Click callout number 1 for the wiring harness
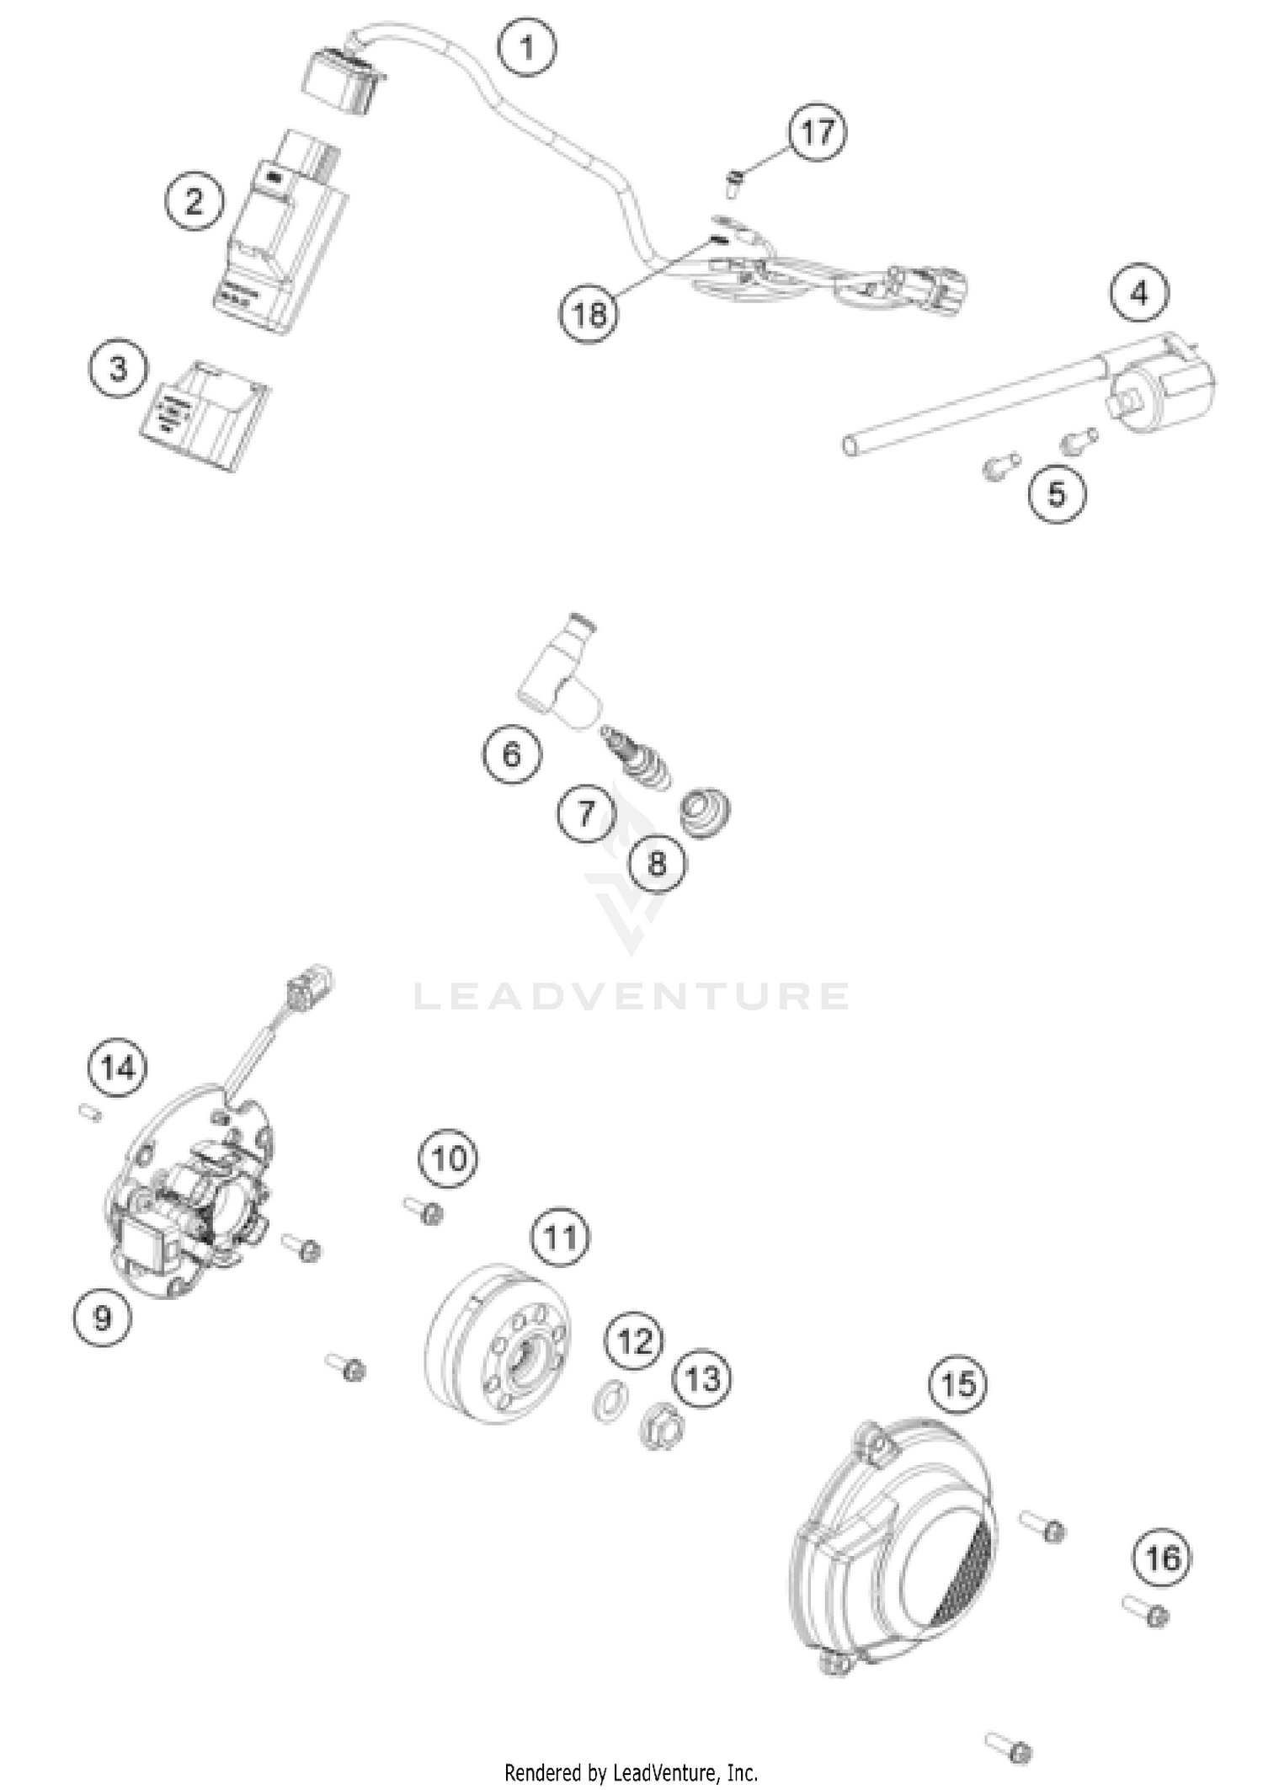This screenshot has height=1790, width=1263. click(x=527, y=47)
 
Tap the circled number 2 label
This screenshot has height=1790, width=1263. click(x=195, y=201)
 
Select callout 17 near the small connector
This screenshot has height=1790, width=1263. click(x=818, y=132)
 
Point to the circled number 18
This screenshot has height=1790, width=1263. click(x=589, y=315)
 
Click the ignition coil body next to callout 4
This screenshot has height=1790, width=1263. click(x=1166, y=387)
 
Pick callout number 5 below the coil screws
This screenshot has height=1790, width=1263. click(x=1057, y=493)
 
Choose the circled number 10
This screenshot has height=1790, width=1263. click(x=449, y=1159)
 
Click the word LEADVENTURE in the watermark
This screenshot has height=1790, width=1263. click(x=631, y=996)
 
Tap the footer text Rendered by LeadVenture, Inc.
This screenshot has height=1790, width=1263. click(x=631, y=1772)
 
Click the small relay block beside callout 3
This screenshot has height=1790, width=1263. click(x=205, y=406)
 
